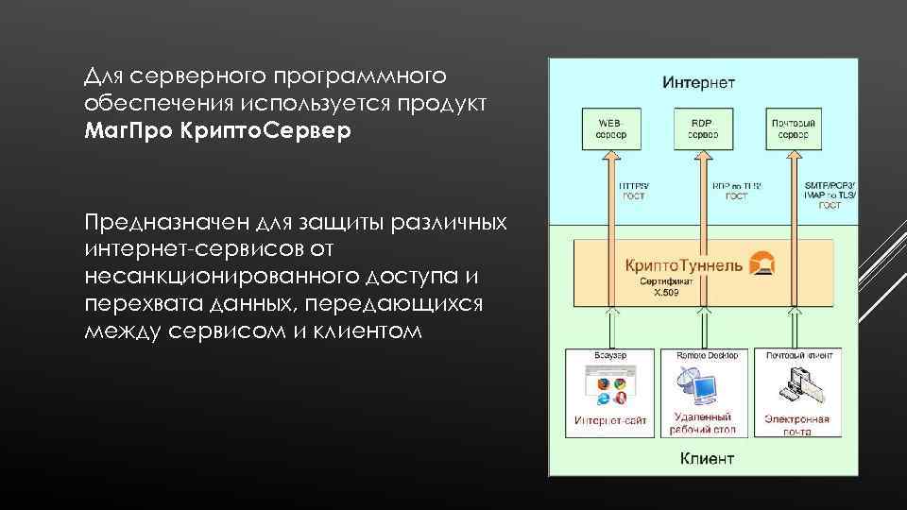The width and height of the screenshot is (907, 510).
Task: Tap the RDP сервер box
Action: click(702, 128)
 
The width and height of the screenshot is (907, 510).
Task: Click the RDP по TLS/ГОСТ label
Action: click(737, 190)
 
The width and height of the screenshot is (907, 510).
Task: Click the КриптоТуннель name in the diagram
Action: click(684, 264)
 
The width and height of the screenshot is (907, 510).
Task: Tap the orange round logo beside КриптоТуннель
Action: click(761, 263)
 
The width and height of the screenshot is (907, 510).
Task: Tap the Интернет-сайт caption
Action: click(610, 420)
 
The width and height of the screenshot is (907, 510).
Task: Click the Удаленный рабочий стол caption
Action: click(702, 423)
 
